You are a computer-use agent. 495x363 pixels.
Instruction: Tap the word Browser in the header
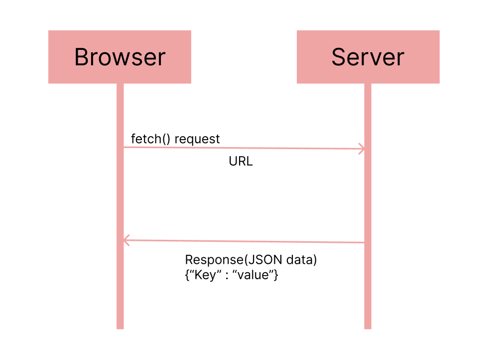click(120, 57)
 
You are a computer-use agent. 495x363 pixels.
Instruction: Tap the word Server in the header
click(368, 57)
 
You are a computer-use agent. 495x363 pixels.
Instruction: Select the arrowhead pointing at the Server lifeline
click(362, 149)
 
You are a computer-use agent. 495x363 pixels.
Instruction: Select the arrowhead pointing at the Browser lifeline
click(126, 241)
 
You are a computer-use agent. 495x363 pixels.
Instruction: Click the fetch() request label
click(175, 139)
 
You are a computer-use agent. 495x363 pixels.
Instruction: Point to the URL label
click(241, 162)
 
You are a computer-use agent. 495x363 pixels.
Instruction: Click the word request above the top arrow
click(197, 140)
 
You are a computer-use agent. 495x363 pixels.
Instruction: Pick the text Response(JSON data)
click(251, 260)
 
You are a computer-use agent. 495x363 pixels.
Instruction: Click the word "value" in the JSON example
click(254, 274)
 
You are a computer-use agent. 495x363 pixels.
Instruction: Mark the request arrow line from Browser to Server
click(244, 148)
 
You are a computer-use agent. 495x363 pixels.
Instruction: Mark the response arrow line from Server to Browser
click(244, 242)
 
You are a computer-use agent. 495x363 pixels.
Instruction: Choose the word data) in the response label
click(304, 260)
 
